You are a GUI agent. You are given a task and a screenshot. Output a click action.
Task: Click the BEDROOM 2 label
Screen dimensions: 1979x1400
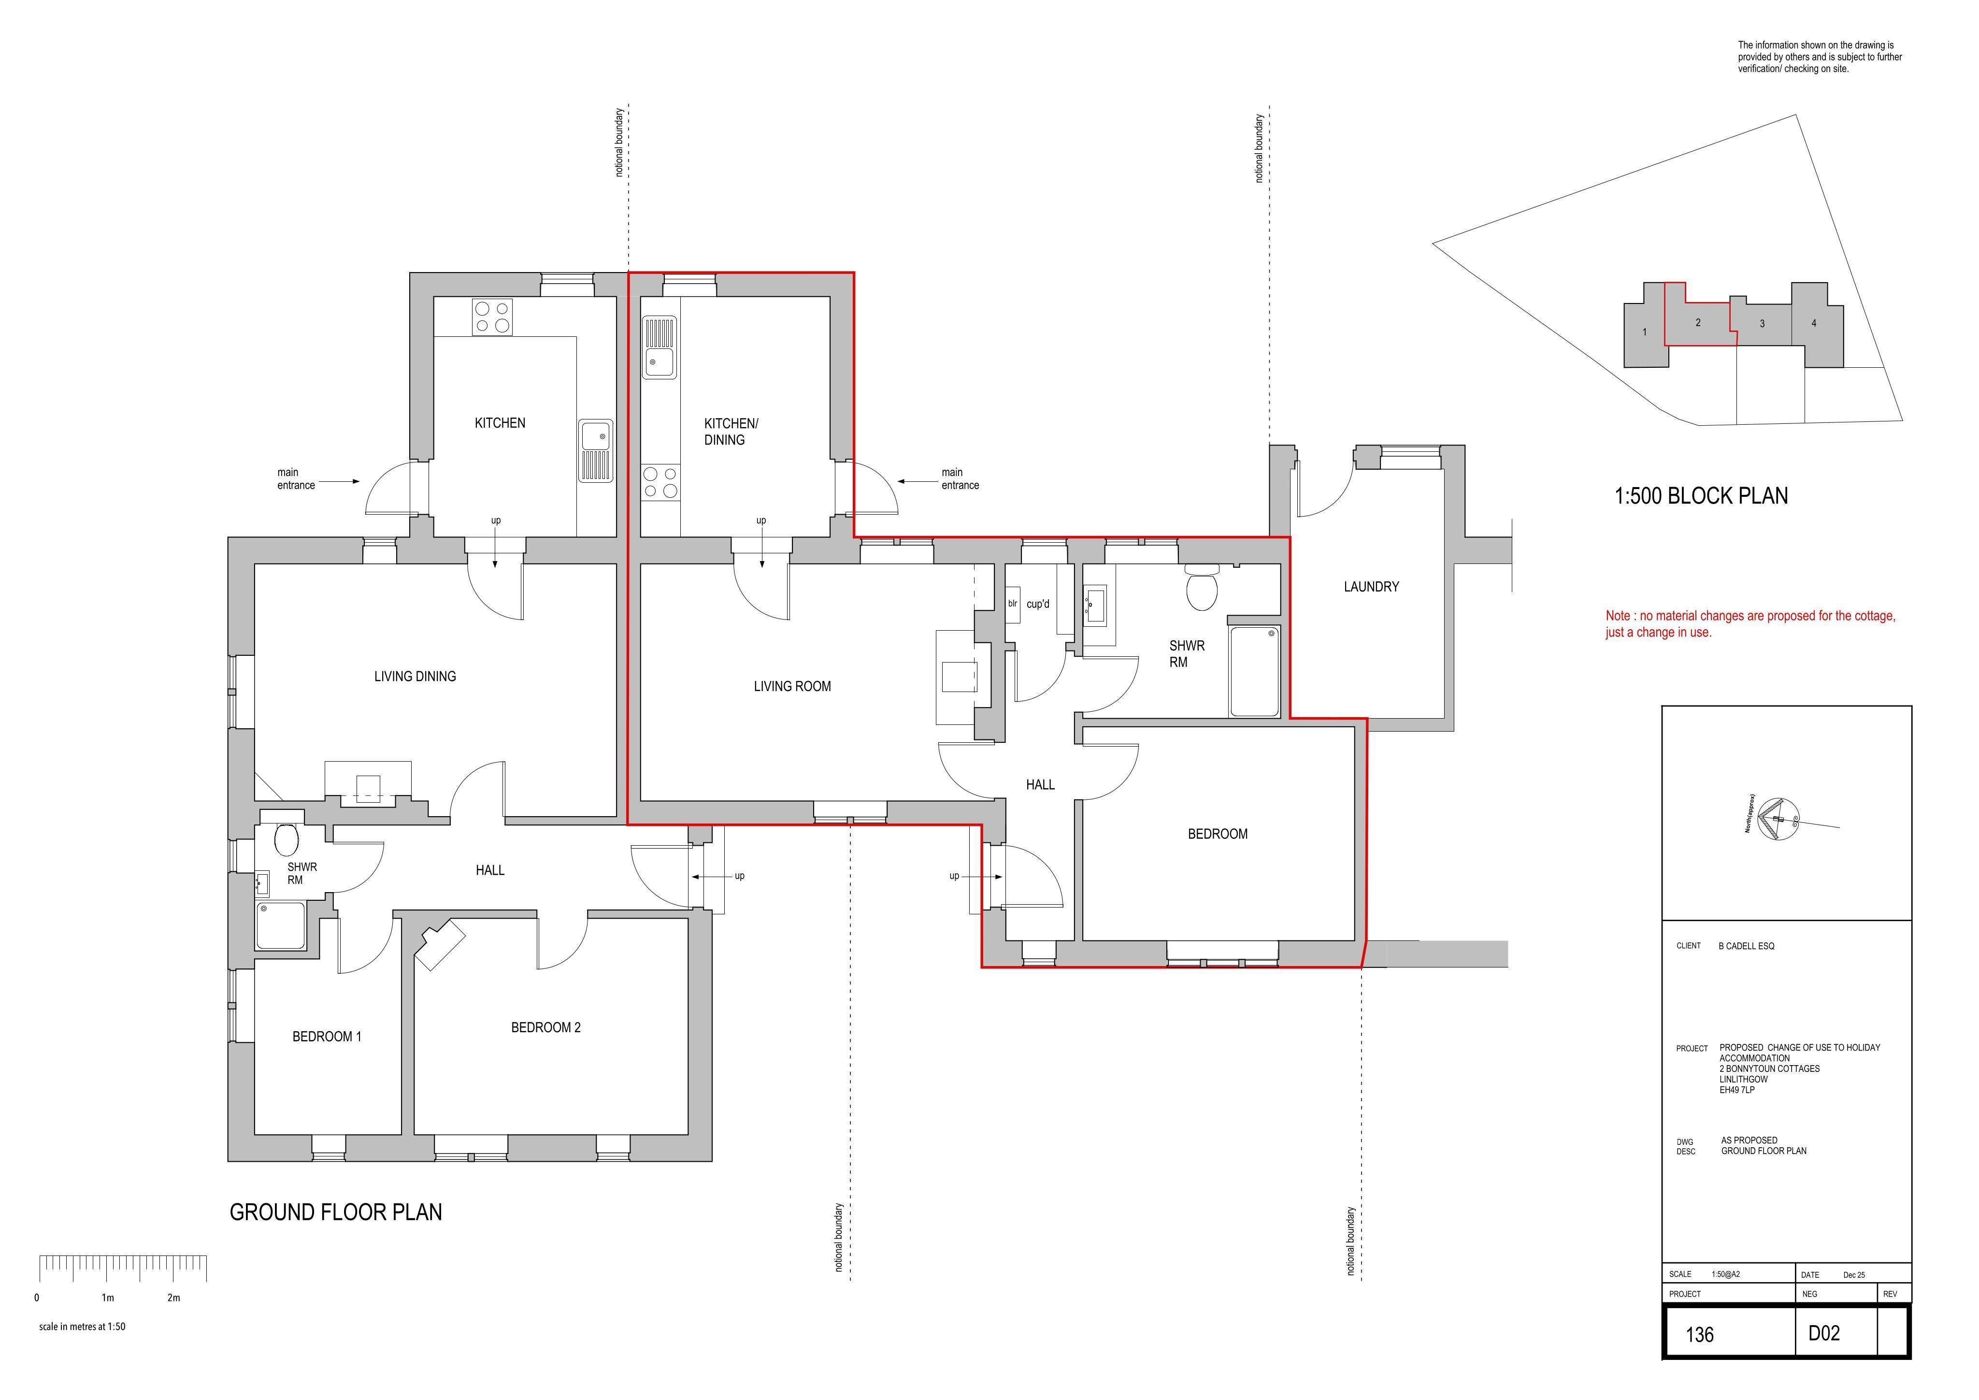coord(545,1027)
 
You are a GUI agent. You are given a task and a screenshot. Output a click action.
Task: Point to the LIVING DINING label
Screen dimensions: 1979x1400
coord(415,677)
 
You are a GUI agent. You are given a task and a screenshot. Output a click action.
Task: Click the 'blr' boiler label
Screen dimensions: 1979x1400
coord(1013,604)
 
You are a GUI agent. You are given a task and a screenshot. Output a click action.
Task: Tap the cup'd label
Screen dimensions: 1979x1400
coord(1038,604)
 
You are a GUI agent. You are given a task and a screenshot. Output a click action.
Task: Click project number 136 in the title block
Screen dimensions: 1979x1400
coord(1700,1334)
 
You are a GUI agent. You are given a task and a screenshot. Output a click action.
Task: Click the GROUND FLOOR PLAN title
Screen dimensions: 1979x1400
coord(335,1212)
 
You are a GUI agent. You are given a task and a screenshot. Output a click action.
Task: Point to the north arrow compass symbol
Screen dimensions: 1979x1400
coord(1778,820)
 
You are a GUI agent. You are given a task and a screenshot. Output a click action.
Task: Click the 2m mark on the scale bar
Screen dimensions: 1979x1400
coord(173,1298)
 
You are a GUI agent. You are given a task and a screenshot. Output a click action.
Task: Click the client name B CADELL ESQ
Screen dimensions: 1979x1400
coord(1746,946)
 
